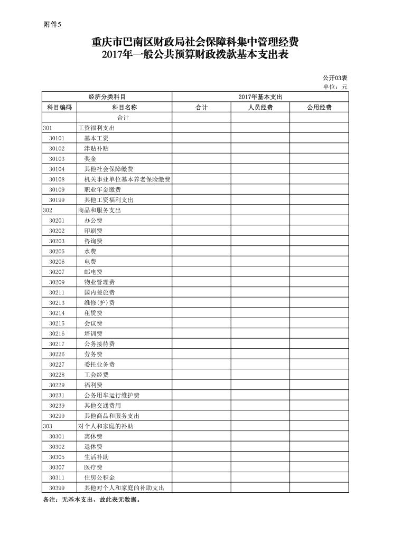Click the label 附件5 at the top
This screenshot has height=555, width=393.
[52, 24]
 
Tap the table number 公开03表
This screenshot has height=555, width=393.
[335, 78]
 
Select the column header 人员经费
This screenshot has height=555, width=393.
[260, 107]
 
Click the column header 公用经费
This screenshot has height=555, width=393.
[319, 107]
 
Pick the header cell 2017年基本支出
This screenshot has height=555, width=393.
[260, 97]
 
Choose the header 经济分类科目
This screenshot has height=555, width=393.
[107, 97]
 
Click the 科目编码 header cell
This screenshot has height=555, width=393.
[59, 107]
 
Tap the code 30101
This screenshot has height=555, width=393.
[57, 138]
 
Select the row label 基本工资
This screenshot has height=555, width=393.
[97, 138]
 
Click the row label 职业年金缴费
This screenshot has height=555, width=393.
[102, 189]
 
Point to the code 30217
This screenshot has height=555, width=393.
[57, 344]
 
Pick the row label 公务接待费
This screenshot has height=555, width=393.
[99, 344]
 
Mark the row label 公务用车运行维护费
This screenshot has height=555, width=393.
[111, 395]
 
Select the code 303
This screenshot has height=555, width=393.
[47, 426]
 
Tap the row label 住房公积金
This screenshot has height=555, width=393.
[99, 477]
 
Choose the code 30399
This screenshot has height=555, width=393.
[57, 488]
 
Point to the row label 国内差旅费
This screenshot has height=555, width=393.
[99, 292]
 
